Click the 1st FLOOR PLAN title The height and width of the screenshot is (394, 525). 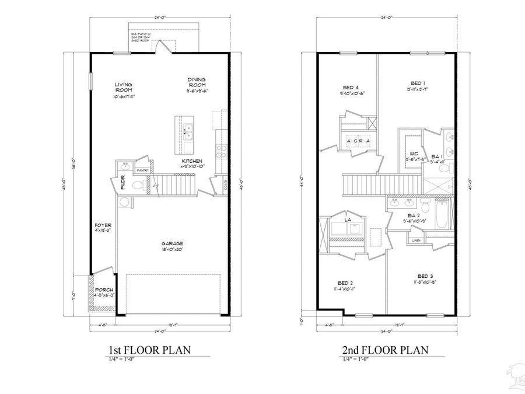tap(150, 350)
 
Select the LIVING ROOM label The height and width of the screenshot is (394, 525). tap(123, 87)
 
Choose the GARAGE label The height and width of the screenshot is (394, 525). tap(173, 243)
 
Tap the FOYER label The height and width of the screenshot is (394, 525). tap(103, 225)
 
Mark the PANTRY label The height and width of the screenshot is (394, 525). tap(142, 170)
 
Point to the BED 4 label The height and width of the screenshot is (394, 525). tap(352, 87)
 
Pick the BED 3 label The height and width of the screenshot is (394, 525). tap(425, 276)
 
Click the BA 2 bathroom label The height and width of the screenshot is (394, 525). tap(415, 215)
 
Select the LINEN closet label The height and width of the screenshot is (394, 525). tap(416, 240)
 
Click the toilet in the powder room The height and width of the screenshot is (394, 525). tap(138, 186)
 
